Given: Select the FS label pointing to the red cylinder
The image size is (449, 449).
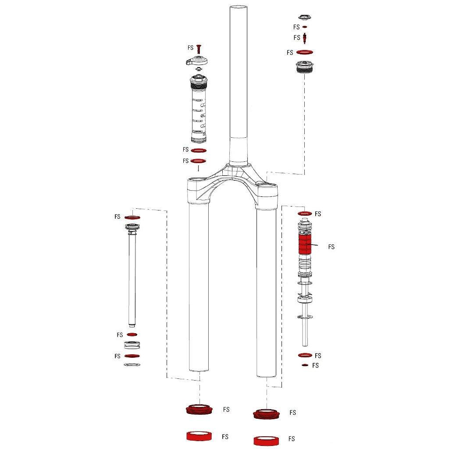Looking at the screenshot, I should (331, 247).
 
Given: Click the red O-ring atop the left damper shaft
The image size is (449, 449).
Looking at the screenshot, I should (132, 217).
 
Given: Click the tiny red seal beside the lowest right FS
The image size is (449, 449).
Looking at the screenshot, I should (305, 365).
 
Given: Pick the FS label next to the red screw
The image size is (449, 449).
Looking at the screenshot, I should (190, 47).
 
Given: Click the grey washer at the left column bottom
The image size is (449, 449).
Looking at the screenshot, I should (132, 365).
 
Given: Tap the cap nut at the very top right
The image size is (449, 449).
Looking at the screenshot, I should (305, 18).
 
